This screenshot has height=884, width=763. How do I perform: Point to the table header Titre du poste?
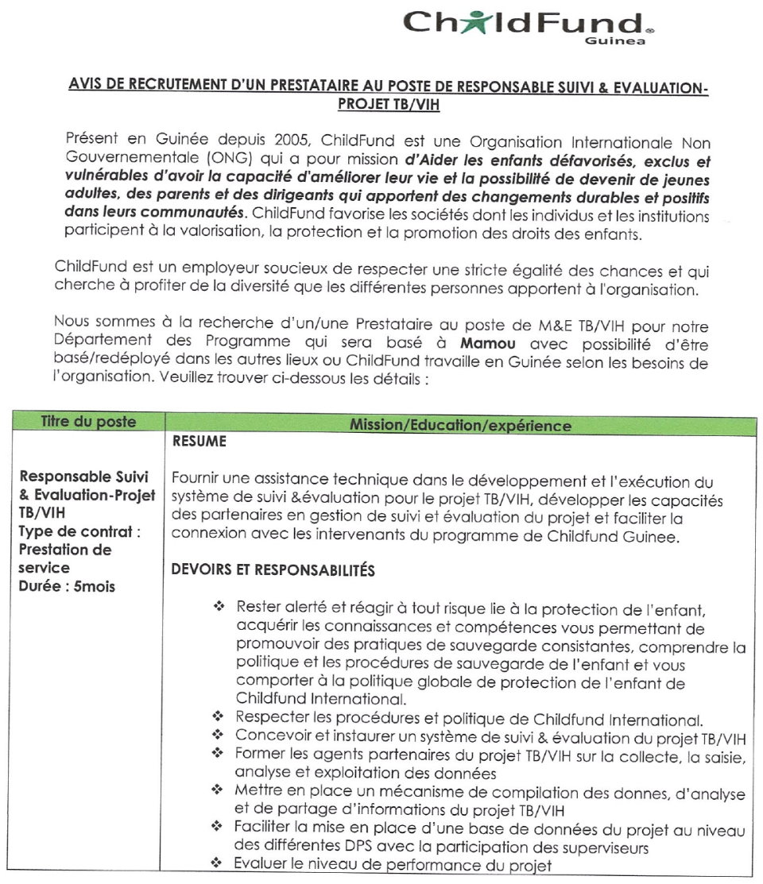[88, 422]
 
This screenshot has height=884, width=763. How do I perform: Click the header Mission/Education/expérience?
[459, 425]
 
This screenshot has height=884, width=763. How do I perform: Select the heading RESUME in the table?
[199, 442]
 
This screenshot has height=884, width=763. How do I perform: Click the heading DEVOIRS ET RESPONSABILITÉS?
[273, 569]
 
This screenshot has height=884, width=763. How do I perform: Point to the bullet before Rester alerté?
[219, 607]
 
